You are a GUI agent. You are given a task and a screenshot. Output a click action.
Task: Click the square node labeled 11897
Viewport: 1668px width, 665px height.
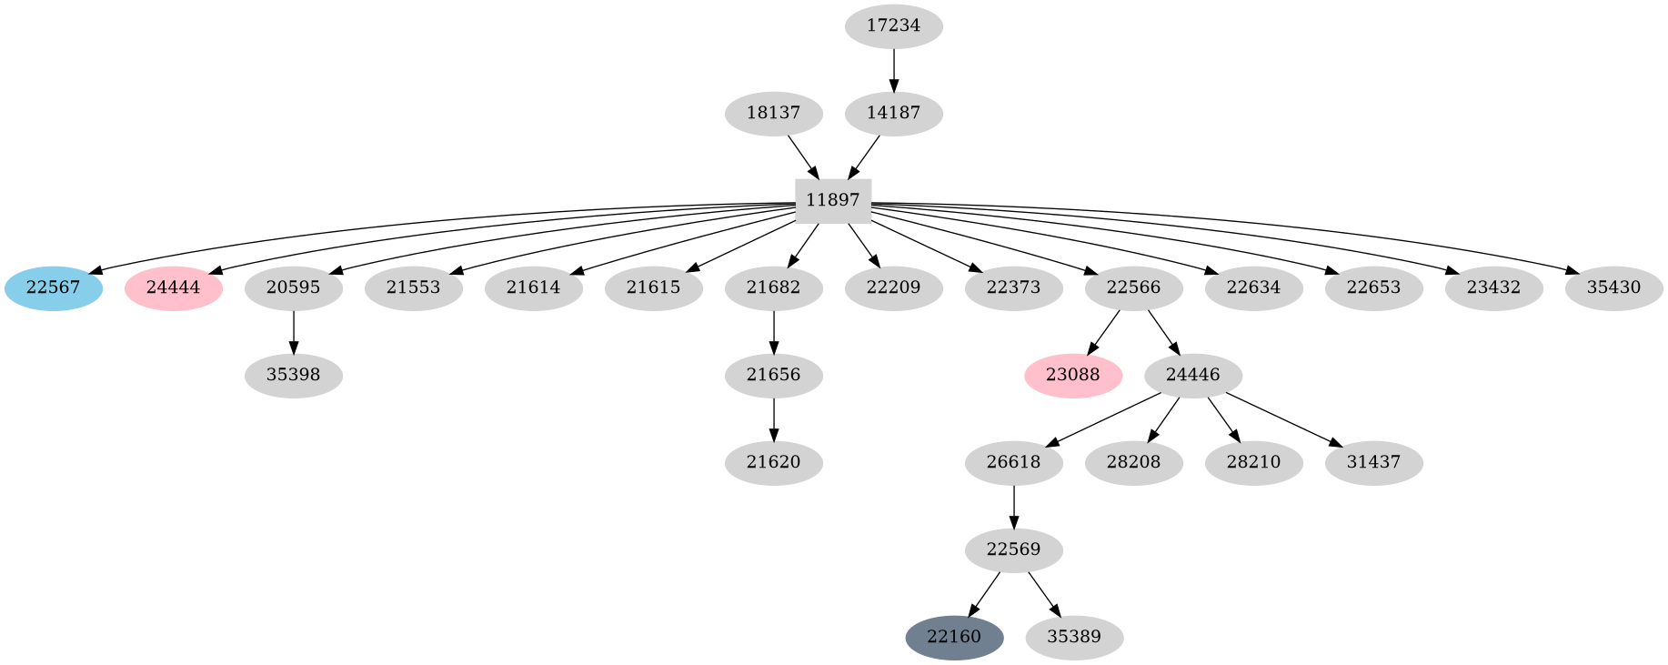point(833,201)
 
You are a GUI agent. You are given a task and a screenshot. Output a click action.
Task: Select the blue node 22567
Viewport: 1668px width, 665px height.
point(54,288)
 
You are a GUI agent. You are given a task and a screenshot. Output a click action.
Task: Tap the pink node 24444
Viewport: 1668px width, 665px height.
point(174,288)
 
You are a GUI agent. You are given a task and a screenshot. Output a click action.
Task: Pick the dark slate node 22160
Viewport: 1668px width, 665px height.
point(954,638)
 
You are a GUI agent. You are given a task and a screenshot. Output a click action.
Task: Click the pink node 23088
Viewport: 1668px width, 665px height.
point(1073,376)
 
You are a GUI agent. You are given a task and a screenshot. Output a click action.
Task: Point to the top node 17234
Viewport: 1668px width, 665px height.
point(893,26)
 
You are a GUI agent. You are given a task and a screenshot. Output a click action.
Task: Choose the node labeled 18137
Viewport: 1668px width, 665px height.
point(773,114)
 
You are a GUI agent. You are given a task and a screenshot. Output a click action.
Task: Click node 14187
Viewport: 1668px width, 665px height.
point(893,114)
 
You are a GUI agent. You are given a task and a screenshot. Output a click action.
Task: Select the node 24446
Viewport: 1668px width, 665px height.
point(1192,376)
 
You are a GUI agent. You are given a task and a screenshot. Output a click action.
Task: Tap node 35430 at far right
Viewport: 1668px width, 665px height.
point(1613,288)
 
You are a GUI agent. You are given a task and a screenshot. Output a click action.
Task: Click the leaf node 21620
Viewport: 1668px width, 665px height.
point(773,463)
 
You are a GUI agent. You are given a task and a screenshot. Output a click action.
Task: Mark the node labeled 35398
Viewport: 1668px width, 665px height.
point(293,376)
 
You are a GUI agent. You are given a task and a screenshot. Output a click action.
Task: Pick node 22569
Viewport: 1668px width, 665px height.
point(1013,550)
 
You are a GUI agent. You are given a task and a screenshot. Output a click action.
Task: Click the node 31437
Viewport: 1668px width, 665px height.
point(1373,463)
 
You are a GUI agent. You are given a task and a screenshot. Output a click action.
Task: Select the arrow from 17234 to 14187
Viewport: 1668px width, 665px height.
point(893,70)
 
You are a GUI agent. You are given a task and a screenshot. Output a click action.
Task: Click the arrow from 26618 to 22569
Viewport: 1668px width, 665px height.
point(1013,507)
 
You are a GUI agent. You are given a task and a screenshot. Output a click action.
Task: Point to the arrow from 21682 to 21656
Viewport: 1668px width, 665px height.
point(773,332)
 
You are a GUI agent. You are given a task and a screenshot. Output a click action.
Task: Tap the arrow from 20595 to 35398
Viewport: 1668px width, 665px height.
point(293,332)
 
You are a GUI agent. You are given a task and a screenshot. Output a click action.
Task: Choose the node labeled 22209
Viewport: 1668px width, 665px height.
point(893,288)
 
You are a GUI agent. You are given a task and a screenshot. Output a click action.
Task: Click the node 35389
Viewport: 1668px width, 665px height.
point(1074,638)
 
